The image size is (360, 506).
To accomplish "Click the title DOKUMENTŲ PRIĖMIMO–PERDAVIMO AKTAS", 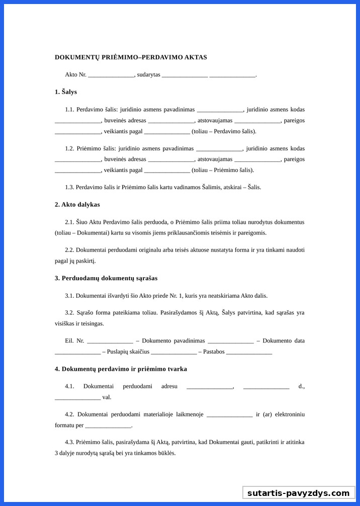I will click(131, 57).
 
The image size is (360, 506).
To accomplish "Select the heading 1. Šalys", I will click(65, 92).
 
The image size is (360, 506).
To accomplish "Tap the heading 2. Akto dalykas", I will click(77, 205).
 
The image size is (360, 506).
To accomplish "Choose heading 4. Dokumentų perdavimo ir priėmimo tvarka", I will click(121, 369).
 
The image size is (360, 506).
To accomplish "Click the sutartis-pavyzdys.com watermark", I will click(298, 493).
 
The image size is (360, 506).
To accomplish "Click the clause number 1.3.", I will click(69, 188).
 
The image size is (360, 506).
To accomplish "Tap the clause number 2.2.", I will click(69, 250).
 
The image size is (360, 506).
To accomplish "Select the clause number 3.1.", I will click(69, 296).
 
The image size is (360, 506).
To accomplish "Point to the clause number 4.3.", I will click(69, 442).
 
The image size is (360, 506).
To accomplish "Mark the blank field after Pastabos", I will click(249, 352).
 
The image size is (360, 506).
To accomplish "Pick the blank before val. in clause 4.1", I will click(77, 397).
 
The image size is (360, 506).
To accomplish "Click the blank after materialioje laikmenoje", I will click(229, 414).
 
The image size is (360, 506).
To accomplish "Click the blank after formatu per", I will click(108, 426).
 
